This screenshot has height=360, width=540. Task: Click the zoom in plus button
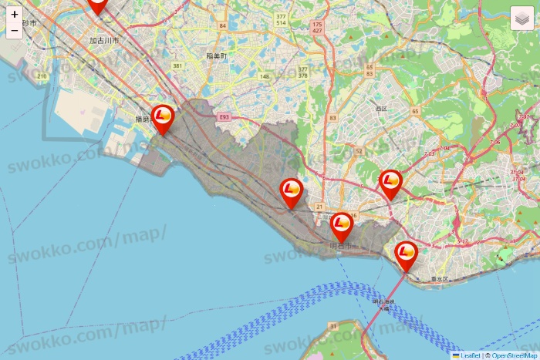click(15, 14)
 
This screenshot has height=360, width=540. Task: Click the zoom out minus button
click(15, 31)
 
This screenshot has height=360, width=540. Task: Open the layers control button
click(522, 18)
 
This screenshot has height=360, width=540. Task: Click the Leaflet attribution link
click(470, 355)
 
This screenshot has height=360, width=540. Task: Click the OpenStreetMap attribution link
click(514, 355)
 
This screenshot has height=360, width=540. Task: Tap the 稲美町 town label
click(218, 56)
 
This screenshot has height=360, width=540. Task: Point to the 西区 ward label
click(380, 109)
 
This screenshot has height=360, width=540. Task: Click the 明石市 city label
click(339, 246)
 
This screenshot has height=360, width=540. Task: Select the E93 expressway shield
click(224, 117)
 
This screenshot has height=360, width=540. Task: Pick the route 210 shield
click(42, 76)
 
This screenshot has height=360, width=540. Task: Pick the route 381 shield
click(178, 66)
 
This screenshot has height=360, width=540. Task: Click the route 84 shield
click(222, 26)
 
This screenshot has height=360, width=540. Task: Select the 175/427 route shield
click(317, 29)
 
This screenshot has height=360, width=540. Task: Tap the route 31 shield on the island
click(333, 327)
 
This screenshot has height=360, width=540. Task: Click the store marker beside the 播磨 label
click(162, 118)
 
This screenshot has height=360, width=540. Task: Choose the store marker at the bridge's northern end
click(406, 254)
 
